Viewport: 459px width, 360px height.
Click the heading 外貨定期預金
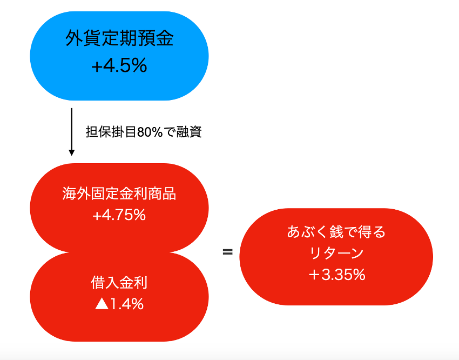[x=119, y=38]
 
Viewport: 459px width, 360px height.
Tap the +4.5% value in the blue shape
[x=119, y=65]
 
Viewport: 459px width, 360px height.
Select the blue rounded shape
[x=119, y=56]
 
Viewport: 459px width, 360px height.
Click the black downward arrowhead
[x=71, y=152]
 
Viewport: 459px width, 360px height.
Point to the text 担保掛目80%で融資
[x=144, y=132]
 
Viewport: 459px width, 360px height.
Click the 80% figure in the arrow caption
[x=150, y=132]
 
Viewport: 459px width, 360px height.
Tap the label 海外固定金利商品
[x=119, y=194]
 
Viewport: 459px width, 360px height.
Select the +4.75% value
[x=119, y=215]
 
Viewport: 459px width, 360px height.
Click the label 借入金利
[x=119, y=283]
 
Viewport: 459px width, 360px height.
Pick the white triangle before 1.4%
[x=102, y=304]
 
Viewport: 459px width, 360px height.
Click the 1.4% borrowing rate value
[x=127, y=304]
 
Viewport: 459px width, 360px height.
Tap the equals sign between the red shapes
[x=228, y=252]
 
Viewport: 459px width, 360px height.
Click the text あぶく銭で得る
[x=336, y=231]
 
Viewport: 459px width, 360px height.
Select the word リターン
[x=336, y=253]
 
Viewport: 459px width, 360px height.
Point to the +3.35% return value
[x=337, y=275]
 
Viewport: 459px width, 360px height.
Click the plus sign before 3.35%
[x=314, y=275]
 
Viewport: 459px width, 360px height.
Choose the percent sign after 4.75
[x=138, y=215]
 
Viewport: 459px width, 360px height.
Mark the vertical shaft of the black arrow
[x=71, y=129]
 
